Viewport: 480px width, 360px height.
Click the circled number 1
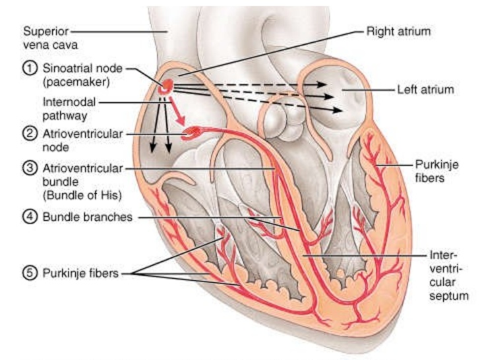click(x=30, y=69)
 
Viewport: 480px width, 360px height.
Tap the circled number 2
click(x=30, y=134)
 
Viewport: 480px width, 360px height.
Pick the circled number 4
click(x=30, y=216)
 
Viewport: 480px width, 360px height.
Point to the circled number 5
click(x=30, y=273)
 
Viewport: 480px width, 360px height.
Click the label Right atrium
click(x=398, y=30)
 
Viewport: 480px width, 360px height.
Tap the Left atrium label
click(x=425, y=89)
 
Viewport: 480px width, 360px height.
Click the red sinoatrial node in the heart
click(x=167, y=85)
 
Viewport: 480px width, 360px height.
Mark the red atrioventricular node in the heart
click(x=191, y=133)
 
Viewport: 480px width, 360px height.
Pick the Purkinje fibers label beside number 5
click(x=80, y=273)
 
